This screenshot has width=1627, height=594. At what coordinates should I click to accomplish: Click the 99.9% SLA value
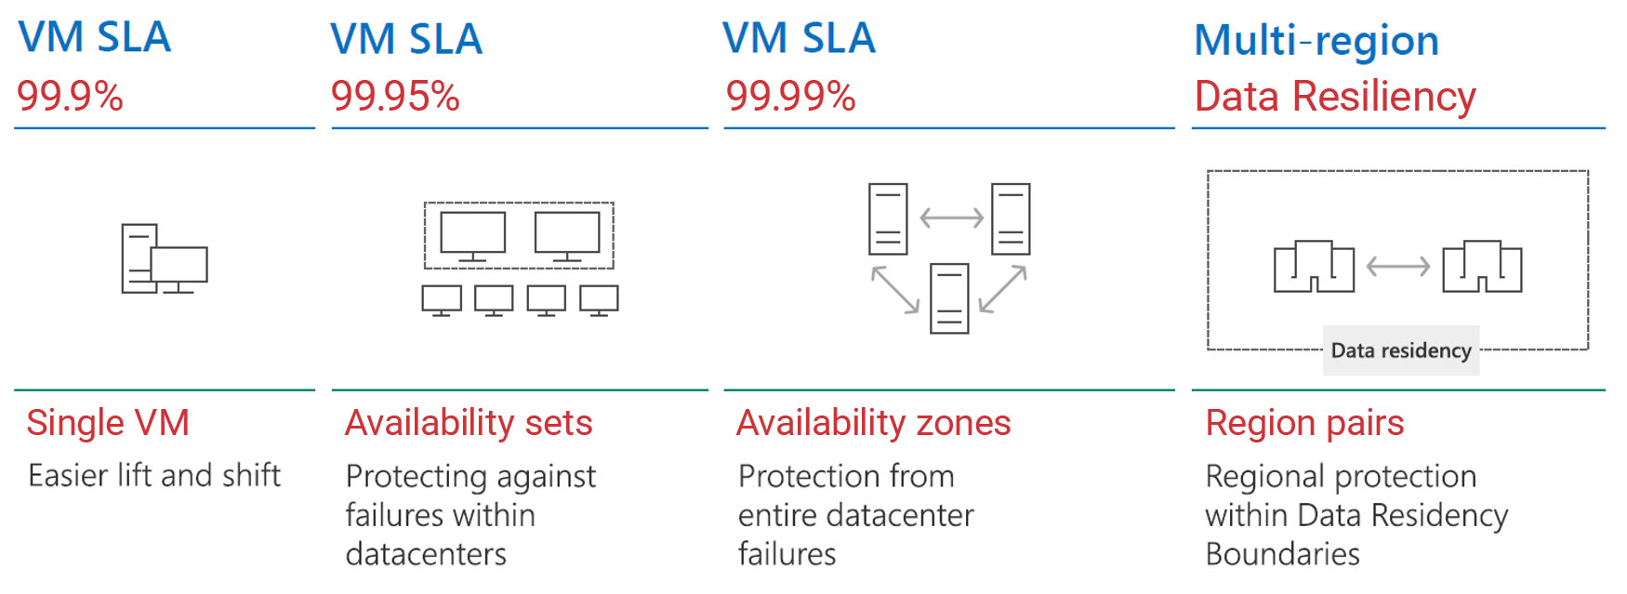click(70, 96)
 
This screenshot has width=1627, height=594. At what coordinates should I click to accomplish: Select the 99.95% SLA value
click(395, 96)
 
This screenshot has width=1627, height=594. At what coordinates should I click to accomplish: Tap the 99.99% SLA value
click(790, 96)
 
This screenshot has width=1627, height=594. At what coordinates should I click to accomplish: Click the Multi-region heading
click(1316, 40)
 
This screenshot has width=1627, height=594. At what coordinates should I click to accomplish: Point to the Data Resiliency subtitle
click(1335, 97)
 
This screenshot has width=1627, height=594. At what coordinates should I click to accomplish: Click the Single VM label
click(108, 423)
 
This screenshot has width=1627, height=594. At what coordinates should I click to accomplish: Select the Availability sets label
click(469, 423)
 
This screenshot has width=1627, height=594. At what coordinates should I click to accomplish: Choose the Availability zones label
click(874, 423)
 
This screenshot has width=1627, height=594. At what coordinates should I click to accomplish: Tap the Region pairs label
click(1304, 424)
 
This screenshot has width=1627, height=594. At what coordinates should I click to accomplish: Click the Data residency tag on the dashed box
click(1401, 350)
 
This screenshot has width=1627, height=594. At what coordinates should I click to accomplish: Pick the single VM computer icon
click(165, 259)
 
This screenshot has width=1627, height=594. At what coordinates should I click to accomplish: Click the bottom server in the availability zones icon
click(949, 298)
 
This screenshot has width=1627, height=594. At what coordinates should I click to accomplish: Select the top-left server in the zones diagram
click(888, 219)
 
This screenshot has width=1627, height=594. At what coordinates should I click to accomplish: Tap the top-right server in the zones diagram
click(1011, 219)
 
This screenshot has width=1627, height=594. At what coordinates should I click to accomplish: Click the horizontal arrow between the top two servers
click(951, 218)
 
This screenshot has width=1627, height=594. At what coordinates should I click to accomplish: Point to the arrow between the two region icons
click(1398, 267)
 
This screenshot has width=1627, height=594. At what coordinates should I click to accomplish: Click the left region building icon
click(1314, 267)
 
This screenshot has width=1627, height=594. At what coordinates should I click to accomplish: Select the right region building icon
click(1482, 267)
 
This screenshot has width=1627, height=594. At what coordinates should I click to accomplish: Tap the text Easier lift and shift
click(154, 475)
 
